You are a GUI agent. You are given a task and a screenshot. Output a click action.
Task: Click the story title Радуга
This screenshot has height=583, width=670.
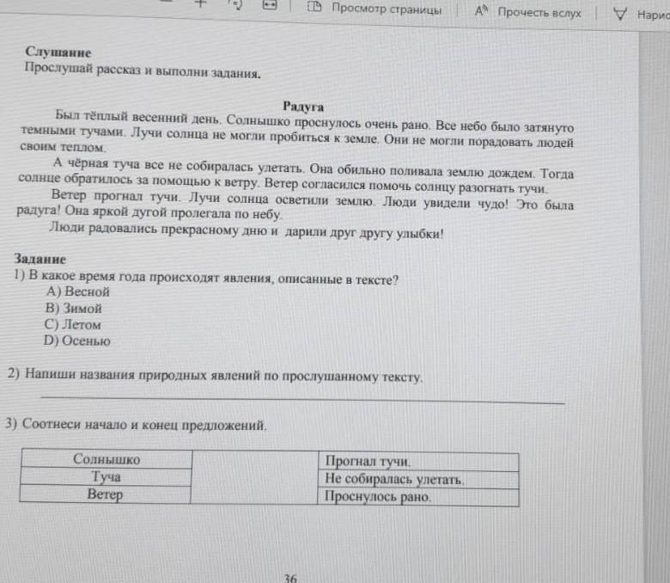(x=302, y=107)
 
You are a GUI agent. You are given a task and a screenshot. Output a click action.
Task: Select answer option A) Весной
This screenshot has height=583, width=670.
(x=78, y=292)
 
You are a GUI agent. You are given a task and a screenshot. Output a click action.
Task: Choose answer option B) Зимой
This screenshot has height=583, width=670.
(x=75, y=309)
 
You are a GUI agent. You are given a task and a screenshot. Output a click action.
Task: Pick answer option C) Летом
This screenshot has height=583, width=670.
(x=73, y=325)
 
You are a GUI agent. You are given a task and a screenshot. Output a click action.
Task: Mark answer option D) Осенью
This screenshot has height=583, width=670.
(x=78, y=341)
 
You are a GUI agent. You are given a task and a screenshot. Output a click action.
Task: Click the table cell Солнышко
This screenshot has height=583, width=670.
(x=107, y=460)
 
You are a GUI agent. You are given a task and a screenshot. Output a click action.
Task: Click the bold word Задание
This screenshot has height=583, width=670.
(x=40, y=259)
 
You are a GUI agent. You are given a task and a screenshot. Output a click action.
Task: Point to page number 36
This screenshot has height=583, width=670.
(x=290, y=577)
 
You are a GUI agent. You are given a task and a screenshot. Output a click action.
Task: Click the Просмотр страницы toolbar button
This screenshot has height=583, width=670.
(x=378, y=11)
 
